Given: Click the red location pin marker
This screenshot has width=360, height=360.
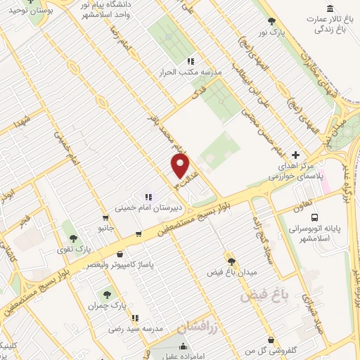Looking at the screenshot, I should [181, 166].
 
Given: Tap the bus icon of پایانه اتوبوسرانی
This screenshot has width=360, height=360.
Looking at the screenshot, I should [314, 217].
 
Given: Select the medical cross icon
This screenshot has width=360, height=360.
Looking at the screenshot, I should [295, 154].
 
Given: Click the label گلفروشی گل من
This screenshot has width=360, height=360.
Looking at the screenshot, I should [249, 349].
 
